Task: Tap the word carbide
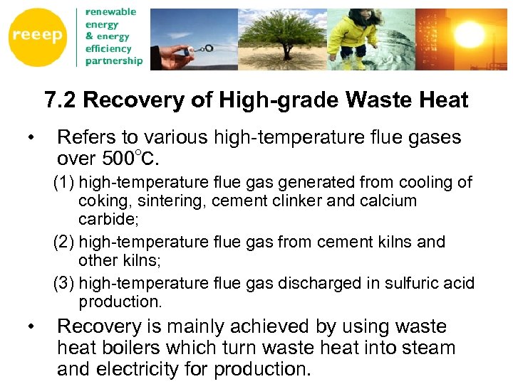(x=107, y=218)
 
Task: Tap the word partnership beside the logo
(x=114, y=60)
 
